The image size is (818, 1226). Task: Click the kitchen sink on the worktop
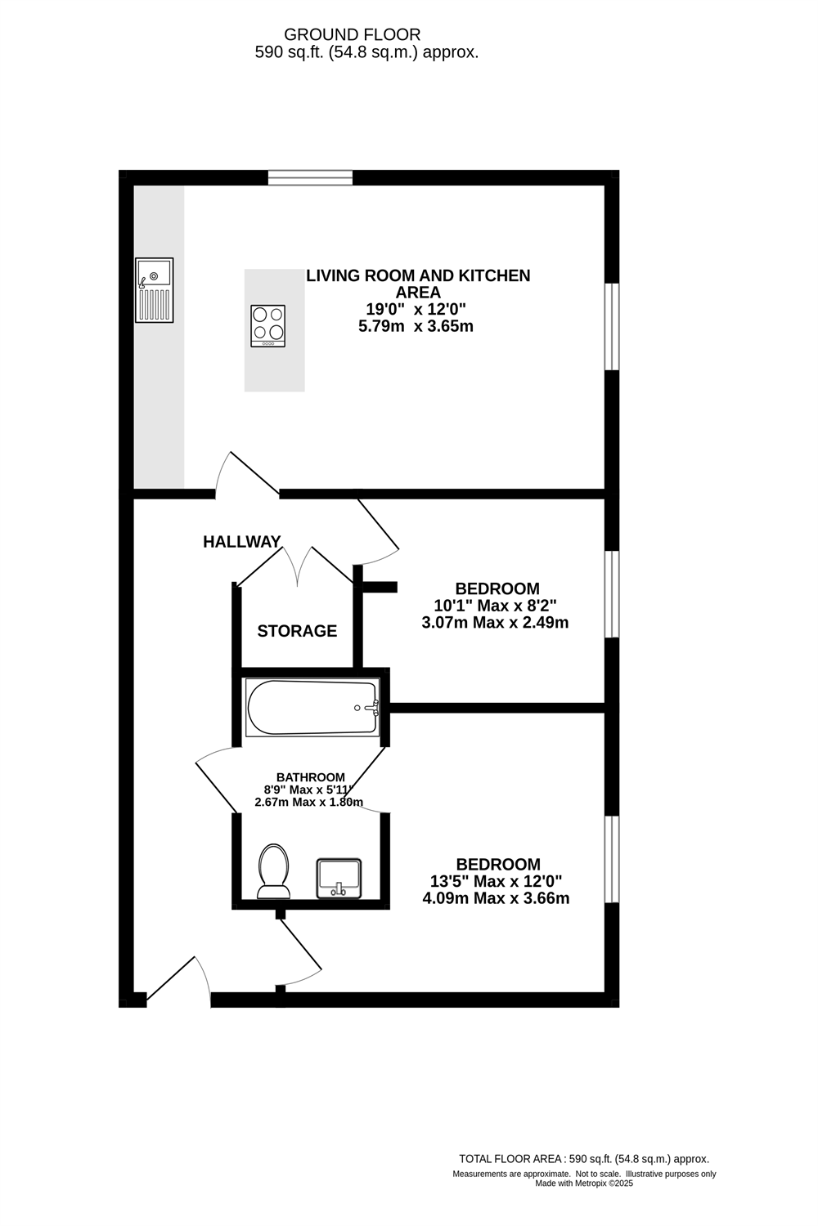(155, 289)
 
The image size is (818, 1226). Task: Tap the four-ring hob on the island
(268, 325)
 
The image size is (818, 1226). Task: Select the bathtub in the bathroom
(312, 708)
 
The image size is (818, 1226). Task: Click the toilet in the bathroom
(273, 871)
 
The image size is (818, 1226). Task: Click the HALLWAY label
(242, 542)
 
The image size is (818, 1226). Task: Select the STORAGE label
(297, 631)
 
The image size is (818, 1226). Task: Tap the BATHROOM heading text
(310, 777)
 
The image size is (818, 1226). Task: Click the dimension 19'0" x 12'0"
(416, 310)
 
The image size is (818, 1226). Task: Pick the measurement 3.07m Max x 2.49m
(495, 623)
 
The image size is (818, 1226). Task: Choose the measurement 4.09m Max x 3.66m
(496, 898)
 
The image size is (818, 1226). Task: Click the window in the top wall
(310, 177)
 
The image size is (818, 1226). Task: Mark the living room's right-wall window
(611, 326)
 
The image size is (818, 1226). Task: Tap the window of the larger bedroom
(611, 859)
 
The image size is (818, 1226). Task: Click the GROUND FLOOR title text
(352, 34)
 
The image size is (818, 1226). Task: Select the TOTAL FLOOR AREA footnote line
(584, 1159)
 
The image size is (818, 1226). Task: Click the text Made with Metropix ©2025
(584, 1183)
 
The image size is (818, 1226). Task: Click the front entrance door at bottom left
(178, 981)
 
